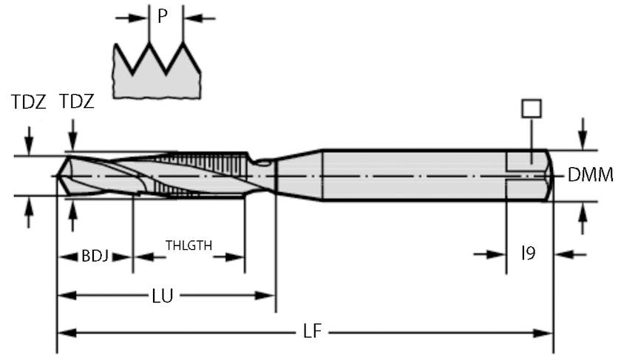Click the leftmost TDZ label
click(29, 102)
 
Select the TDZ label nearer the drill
click(76, 102)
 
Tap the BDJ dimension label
click(95, 256)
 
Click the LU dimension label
click(163, 296)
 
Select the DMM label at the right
click(590, 175)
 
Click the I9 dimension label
click(528, 254)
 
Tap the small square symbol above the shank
click(531, 109)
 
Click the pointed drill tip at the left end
click(60, 176)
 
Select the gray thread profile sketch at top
click(157, 70)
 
